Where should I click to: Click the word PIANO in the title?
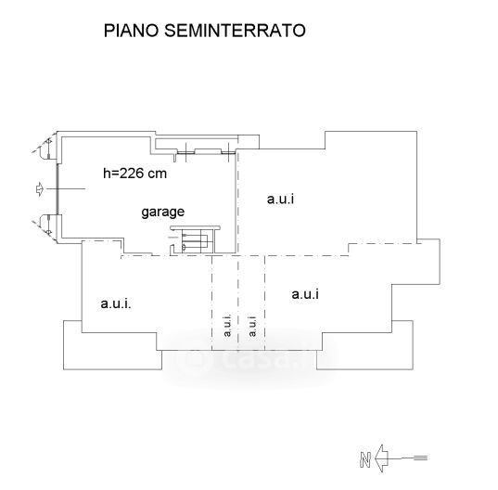[x=131, y=31]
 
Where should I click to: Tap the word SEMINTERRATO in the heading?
[x=235, y=31]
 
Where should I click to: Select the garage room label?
[x=162, y=212]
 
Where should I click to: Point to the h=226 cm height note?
[x=134, y=174]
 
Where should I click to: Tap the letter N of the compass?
[x=365, y=458]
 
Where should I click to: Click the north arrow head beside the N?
[x=381, y=458]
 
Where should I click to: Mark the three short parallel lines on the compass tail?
[x=421, y=458]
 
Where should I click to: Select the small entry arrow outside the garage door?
[x=39, y=189]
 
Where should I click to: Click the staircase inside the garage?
[x=195, y=240]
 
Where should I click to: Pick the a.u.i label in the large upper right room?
[x=280, y=200]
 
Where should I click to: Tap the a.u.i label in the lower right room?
[x=305, y=294]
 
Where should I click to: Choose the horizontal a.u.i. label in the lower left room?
[x=116, y=303]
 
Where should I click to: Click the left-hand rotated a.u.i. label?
[x=227, y=325]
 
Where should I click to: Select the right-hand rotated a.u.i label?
[x=252, y=326]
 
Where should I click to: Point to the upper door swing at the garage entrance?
[x=42, y=148]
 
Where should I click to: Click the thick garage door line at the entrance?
[x=57, y=189]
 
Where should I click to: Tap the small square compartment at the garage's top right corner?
[x=249, y=142]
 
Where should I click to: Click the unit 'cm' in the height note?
[x=158, y=174]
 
